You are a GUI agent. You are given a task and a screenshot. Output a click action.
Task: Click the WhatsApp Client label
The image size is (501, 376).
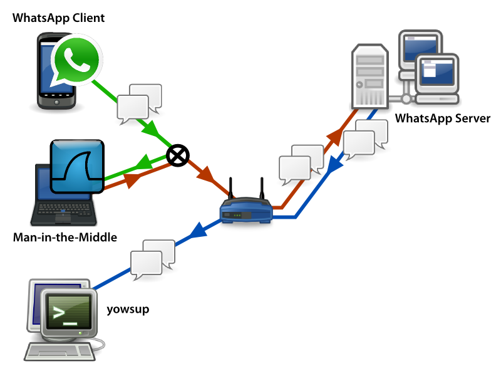point(58,17)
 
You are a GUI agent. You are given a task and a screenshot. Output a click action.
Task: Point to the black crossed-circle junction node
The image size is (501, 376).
point(177,155)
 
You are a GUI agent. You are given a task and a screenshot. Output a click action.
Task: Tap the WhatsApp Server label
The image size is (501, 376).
point(443,118)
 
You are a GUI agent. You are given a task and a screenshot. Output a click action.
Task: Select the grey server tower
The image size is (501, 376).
point(369,75)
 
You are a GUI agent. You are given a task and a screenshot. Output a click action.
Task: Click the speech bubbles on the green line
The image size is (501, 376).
point(140,102)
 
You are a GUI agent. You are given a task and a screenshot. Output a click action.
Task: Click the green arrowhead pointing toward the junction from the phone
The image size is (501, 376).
point(151,130)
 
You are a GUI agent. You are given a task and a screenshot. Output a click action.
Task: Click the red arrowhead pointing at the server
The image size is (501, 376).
point(334,135)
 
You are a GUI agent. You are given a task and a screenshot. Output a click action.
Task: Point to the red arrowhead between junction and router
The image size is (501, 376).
point(205,175)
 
